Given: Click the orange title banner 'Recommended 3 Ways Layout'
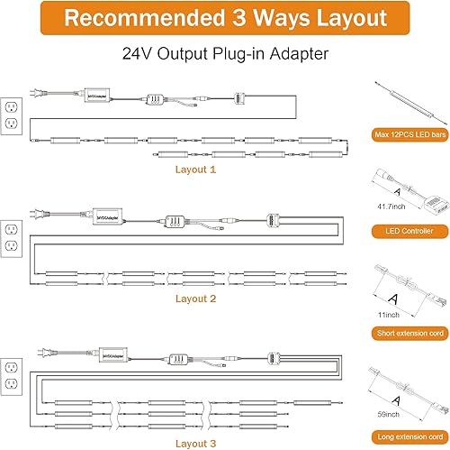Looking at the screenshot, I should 224,19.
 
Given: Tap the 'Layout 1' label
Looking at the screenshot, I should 195,168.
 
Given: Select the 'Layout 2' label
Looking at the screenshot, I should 195,298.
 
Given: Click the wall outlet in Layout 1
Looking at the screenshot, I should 12,113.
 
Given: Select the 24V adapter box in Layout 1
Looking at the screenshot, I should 99,93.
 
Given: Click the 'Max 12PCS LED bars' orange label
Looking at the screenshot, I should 409,135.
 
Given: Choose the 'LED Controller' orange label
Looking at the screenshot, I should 409,232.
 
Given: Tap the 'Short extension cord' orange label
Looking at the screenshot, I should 409,333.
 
